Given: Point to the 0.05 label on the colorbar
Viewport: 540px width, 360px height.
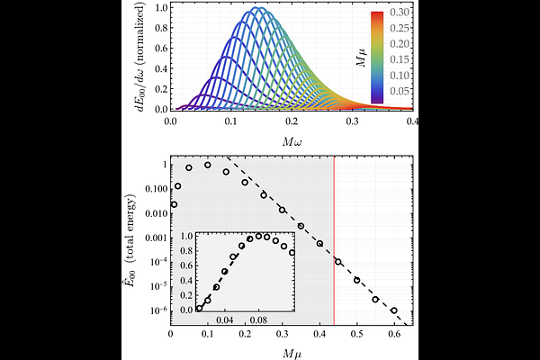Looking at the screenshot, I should tap(401, 92).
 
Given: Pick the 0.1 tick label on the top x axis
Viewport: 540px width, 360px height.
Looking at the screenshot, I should tap(232, 120).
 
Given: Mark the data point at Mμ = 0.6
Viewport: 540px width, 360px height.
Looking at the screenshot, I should tap(394, 310).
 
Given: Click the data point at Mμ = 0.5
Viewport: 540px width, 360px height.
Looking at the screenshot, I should tap(357, 280).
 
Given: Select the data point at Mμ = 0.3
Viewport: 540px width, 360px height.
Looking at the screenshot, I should tap(283, 210).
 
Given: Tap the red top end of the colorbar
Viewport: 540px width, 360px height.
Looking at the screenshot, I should tap(379, 14).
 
